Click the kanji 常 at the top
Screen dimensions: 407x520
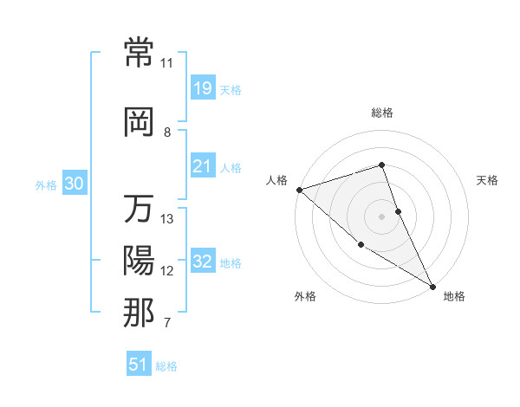[140, 52]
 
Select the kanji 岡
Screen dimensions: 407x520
[140, 121]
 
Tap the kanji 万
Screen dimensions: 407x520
[140, 210]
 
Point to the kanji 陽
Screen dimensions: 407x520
[140, 260]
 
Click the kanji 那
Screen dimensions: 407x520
[140, 312]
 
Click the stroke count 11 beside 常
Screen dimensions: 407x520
[167, 63]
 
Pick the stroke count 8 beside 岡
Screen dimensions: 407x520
[167, 132]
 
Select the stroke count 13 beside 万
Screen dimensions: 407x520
[167, 219]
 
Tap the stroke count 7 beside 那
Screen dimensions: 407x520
[167, 323]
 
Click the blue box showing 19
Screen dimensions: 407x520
[202, 87]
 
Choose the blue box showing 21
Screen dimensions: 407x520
[202, 165]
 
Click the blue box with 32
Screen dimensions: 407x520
[202, 262]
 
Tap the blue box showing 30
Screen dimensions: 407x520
[74, 184]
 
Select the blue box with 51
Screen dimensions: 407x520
[139, 365]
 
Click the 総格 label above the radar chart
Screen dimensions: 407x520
[381, 113]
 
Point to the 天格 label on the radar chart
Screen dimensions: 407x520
[487, 180]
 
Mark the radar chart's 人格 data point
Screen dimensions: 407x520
[298, 189]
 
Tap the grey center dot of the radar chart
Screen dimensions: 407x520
[381, 216]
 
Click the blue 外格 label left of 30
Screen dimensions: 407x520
[45, 184]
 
